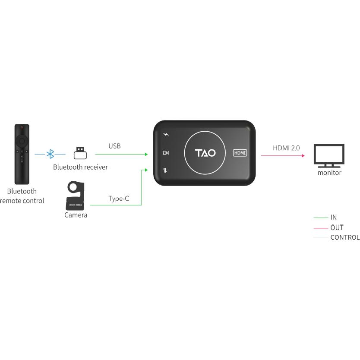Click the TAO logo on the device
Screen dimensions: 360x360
click(x=205, y=153)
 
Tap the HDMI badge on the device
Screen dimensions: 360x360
click(x=240, y=153)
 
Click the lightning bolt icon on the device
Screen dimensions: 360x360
click(x=166, y=135)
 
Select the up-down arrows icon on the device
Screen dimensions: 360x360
click(x=165, y=170)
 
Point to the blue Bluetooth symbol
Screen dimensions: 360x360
click(x=50, y=154)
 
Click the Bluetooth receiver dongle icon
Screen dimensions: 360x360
click(x=80, y=153)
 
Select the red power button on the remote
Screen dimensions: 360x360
click(x=22, y=128)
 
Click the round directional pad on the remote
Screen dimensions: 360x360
click(x=22, y=141)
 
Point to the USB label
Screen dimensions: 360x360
click(x=114, y=146)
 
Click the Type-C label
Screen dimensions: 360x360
click(x=119, y=199)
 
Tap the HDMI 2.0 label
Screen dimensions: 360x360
click(x=286, y=148)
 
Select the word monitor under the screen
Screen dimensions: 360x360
click(x=329, y=173)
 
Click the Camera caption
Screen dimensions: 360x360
click(x=76, y=215)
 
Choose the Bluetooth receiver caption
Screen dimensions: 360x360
click(x=80, y=167)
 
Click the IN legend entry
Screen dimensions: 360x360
click(x=333, y=218)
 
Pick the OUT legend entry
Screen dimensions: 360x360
click(x=337, y=227)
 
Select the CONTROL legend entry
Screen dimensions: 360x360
click(x=344, y=237)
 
